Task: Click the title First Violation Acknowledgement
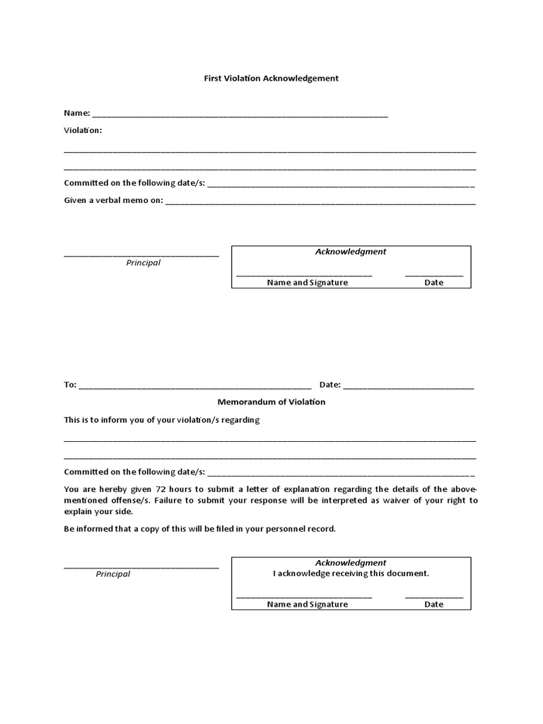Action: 271,78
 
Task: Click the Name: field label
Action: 76,113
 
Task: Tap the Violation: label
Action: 83,130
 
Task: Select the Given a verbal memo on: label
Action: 113,200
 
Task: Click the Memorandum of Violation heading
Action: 271,402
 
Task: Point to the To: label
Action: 70,385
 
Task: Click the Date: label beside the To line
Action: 330,385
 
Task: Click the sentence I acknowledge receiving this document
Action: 351,573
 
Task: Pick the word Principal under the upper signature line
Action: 144,263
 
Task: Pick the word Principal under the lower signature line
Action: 113,574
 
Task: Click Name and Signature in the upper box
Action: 308,283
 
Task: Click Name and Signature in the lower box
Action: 308,605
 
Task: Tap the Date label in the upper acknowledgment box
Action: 434,283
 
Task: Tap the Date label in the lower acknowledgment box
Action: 434,605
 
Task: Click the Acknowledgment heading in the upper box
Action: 351,252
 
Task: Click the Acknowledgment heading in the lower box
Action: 351,563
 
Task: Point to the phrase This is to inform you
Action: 103,420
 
